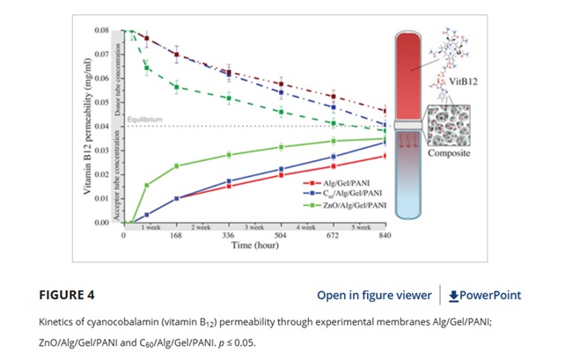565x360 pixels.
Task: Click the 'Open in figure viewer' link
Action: [373, 295]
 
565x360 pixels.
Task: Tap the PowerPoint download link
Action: [484, 295]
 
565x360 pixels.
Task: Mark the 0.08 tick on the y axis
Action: [102, 31]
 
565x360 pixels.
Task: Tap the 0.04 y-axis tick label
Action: [102, 127]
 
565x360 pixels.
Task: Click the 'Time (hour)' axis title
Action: [253, 247]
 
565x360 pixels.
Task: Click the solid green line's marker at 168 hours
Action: [177, 165]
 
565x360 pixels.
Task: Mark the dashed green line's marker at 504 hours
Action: [281, 112]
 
